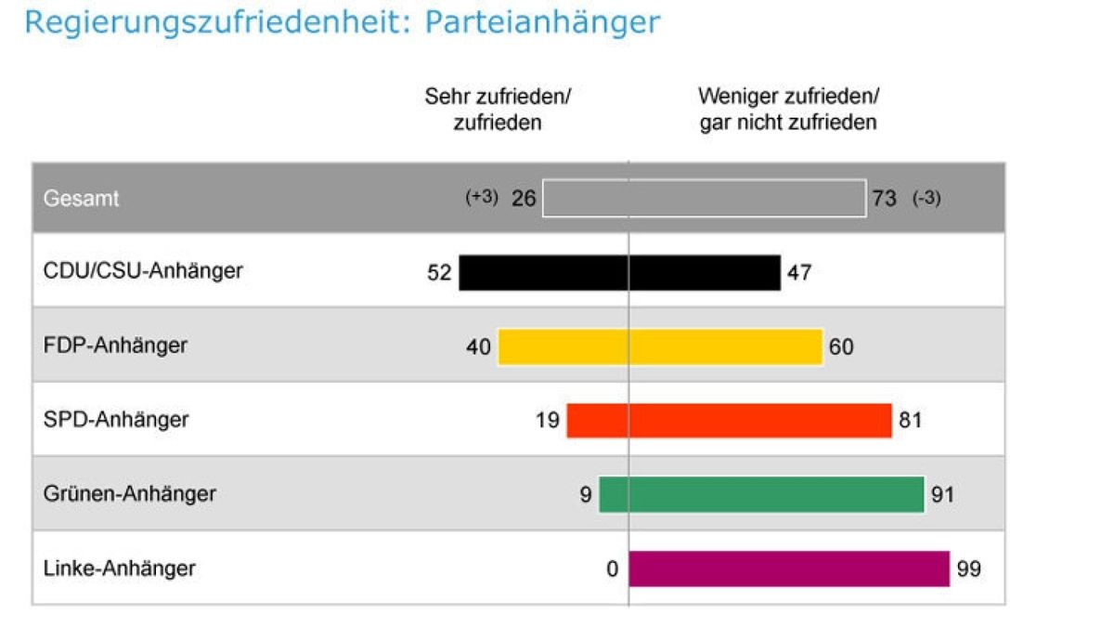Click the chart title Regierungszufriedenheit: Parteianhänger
click(x=342, y=22)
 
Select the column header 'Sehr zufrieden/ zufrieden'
click(x=497, y=110)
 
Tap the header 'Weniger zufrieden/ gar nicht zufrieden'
click(x=788, y=110)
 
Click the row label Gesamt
click(x=82, y=199)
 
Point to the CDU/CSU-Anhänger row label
click(x=143, y=271)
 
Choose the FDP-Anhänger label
click(x=115, y=346)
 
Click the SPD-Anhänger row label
click(x=116, y=420)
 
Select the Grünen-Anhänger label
click(x=129, y=494)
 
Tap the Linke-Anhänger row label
click(x=120, y=568)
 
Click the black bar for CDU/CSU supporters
click(x=619, y=273)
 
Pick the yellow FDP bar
click(x=660, y=347)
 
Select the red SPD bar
click(x=729, y=421)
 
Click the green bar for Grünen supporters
click(x=761, y=494)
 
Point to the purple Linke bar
click(x=789, y=568)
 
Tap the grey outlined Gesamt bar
click(x=704, y=199)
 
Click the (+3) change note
click(x=482, y=198)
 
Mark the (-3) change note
click(x=926, y=198)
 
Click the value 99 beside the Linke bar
click(x=968, y=568)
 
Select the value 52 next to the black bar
click(x=439, y=273)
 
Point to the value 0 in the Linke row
click(x=612, y=568)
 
